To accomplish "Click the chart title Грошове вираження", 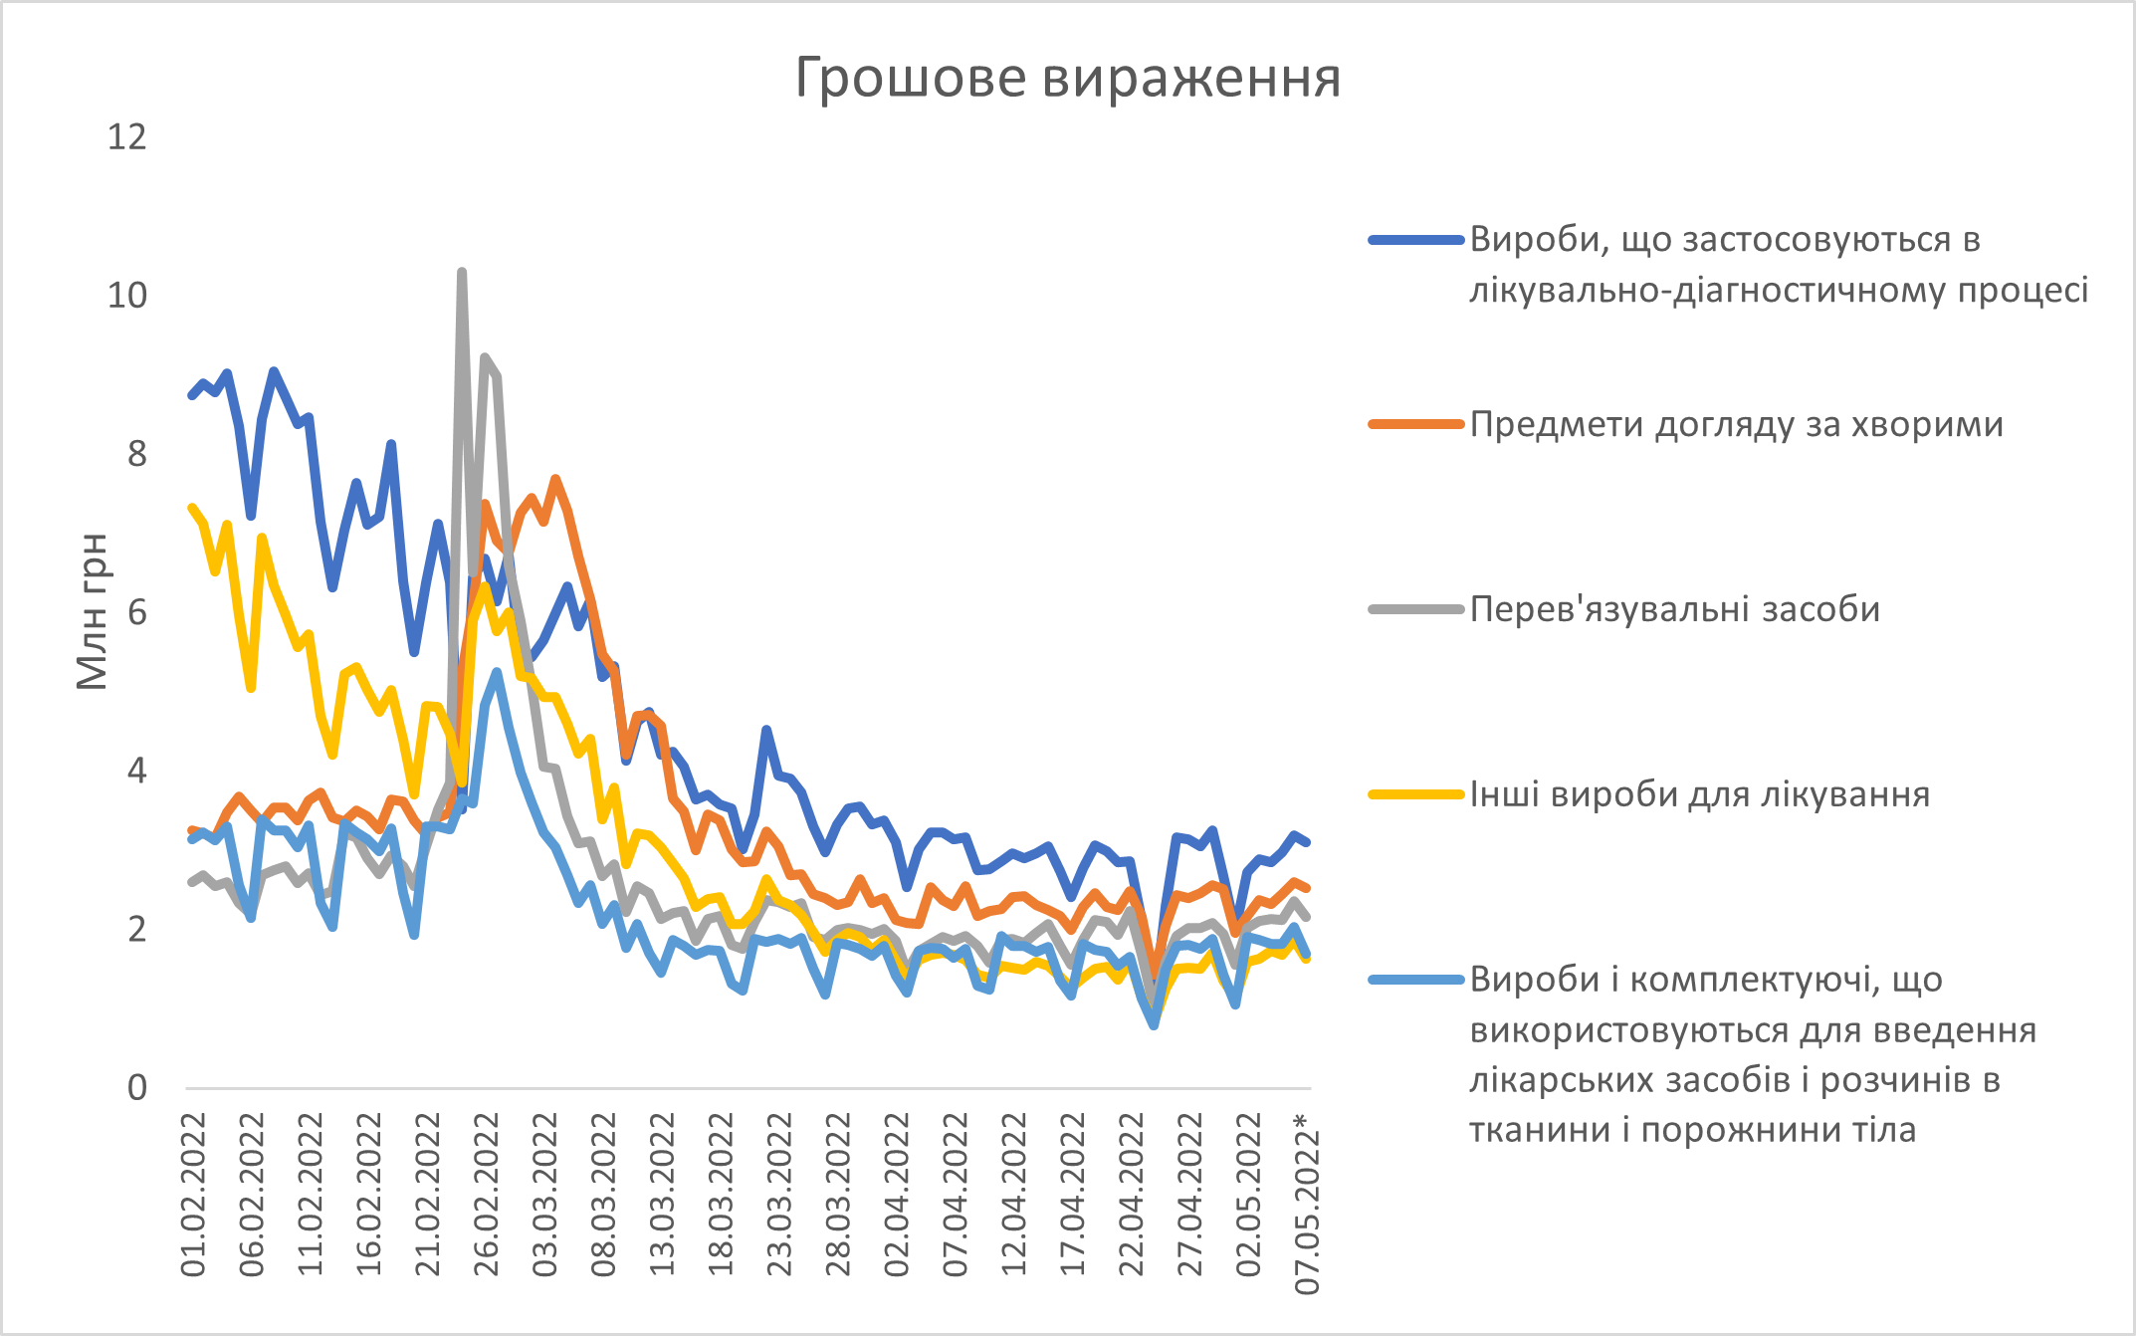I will click(1067, 78).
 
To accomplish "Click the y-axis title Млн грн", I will click(93, 611).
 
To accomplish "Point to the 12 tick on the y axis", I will click(126, 137).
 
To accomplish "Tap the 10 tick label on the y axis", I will click(126, 296).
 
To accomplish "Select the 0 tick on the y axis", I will click(137, 1087).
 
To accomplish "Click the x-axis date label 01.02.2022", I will click(194, 1195).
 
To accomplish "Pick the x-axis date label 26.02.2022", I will click(487, 1195).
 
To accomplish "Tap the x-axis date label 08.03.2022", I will click(604, 1195).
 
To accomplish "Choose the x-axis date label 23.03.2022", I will click(780, 1195).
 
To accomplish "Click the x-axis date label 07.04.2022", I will click(956, 1195).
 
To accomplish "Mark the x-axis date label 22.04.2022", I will click(1132, 1195).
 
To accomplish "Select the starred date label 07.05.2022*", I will click(1307, 1205).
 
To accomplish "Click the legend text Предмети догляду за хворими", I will click(1736, 425).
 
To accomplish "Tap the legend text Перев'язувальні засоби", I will click(1674, 609).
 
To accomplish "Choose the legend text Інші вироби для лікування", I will click(1699, 794).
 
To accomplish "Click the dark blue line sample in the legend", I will click(1415, 240).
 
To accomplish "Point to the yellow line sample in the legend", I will click(1415, 794).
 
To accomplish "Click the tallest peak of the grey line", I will click(462, 272).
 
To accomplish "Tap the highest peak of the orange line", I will click(556, 479).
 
